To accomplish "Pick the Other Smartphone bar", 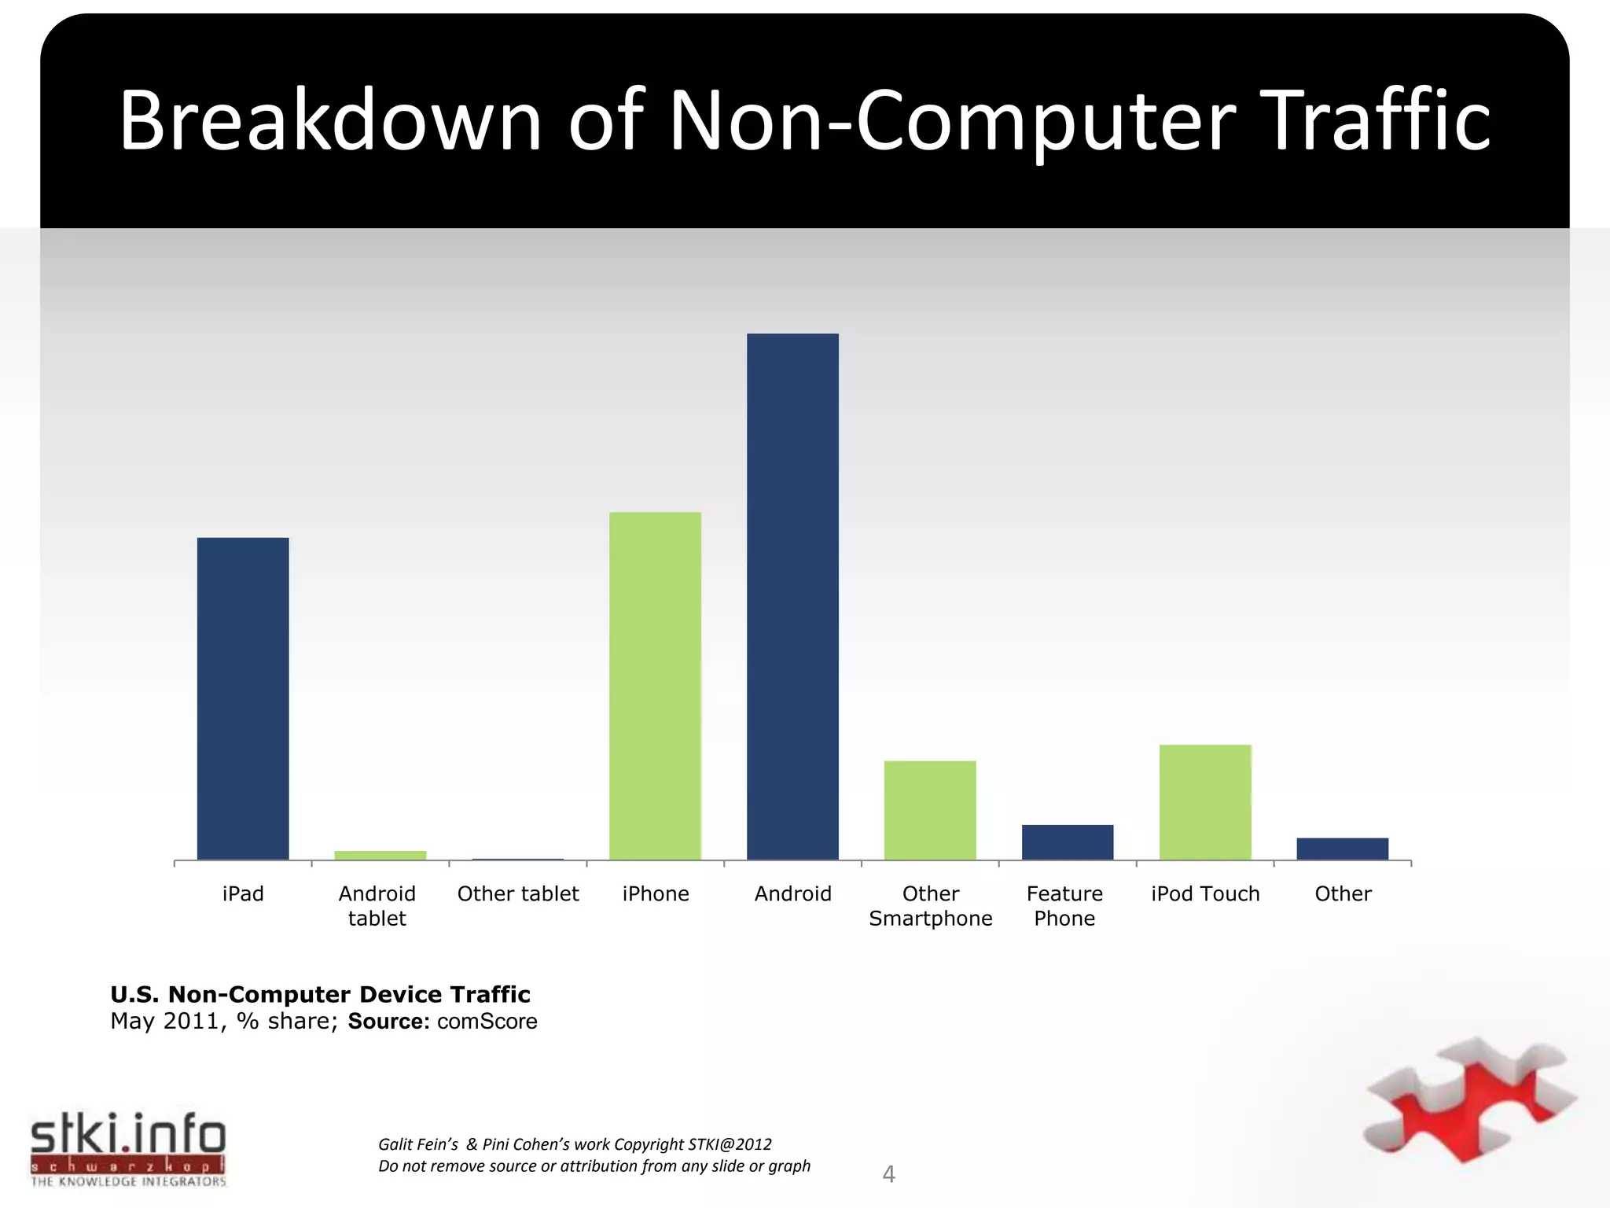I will [x=930, y=810].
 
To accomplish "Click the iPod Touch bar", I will [x=1205, y=802].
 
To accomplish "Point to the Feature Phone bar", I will [x=1068, y=842].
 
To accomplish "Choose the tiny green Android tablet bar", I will [x=380, y=855].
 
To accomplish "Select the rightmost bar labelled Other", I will [x=1342, y=849].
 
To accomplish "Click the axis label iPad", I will [x=243, y=894].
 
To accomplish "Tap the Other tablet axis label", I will [x=518, y=894].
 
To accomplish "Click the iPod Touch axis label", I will [x=1205, y=894].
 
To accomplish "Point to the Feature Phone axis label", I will [x=1064, y=906].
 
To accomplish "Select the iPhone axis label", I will [x=656, y=894].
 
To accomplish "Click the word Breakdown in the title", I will [x=330, y=122].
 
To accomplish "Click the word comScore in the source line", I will [x=487, y=1022].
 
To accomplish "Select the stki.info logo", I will [x=128, y=1147].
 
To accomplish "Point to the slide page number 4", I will [x=889, y=1174].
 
